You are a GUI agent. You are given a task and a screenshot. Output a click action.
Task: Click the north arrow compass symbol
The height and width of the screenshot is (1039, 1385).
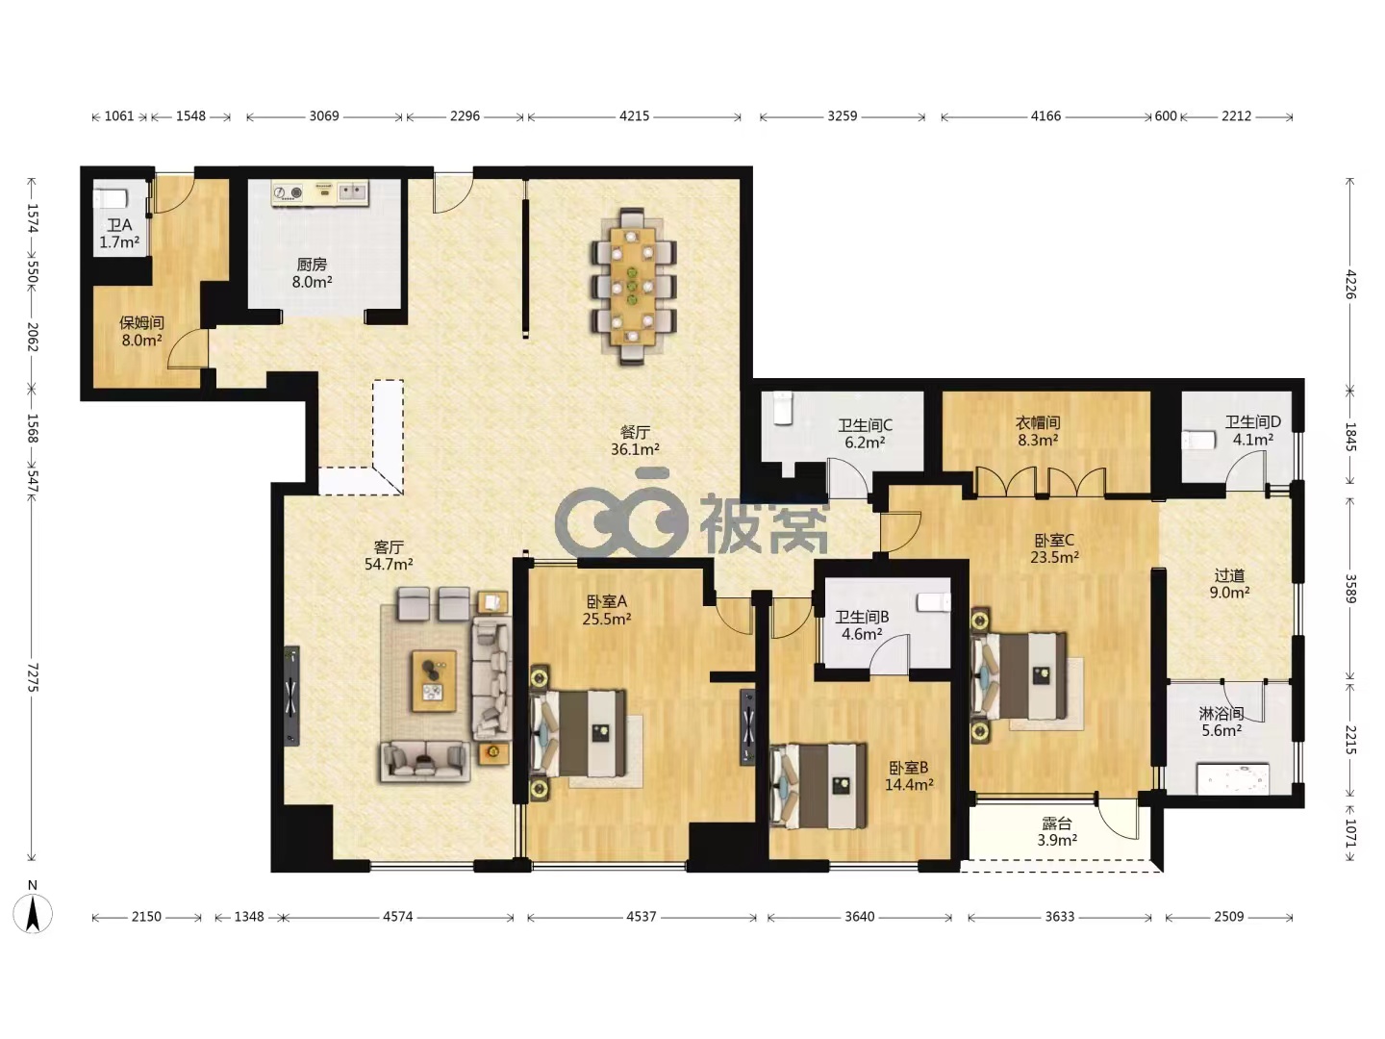(x=33, y=912)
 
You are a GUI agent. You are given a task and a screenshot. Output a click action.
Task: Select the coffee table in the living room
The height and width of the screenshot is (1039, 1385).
(x=434, y=681)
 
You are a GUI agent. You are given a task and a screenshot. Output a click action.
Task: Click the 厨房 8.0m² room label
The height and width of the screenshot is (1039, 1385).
(x=312, y=273)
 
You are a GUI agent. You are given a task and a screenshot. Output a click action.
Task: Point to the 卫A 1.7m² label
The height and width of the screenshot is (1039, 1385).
(x=119, y=234)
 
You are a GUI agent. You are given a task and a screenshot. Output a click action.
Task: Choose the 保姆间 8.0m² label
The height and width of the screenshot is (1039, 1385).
(x=141, y=332)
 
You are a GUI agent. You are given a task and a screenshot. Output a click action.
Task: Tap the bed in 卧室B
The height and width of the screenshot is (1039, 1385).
(x=818, y=786)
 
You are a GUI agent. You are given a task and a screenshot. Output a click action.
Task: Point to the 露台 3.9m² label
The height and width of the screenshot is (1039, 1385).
(x=1057, y=832)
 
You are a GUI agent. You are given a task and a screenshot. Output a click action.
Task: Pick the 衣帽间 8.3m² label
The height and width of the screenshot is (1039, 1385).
(x=1038, y=431)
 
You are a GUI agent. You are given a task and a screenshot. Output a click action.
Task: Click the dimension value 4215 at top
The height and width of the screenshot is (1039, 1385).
(x=634, y=116)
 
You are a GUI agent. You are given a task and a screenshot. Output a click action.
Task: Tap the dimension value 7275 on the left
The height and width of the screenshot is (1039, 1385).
(x=33, y=677)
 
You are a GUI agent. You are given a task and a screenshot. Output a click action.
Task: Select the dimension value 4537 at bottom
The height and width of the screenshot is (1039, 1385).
(x=642, y=917)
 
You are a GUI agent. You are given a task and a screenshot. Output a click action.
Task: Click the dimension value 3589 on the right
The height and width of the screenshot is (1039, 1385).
(x=1350, y=588)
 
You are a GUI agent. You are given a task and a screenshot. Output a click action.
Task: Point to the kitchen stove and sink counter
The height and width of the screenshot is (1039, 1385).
(x=319, y=193)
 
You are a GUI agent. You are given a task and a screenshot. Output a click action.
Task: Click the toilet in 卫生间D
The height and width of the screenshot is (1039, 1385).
(x=1198, y=440)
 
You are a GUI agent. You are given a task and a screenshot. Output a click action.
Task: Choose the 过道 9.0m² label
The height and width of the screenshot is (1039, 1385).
(x=1229, y=584)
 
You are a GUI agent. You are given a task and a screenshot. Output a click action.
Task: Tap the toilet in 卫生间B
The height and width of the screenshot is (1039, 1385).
(x=934, y=602)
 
